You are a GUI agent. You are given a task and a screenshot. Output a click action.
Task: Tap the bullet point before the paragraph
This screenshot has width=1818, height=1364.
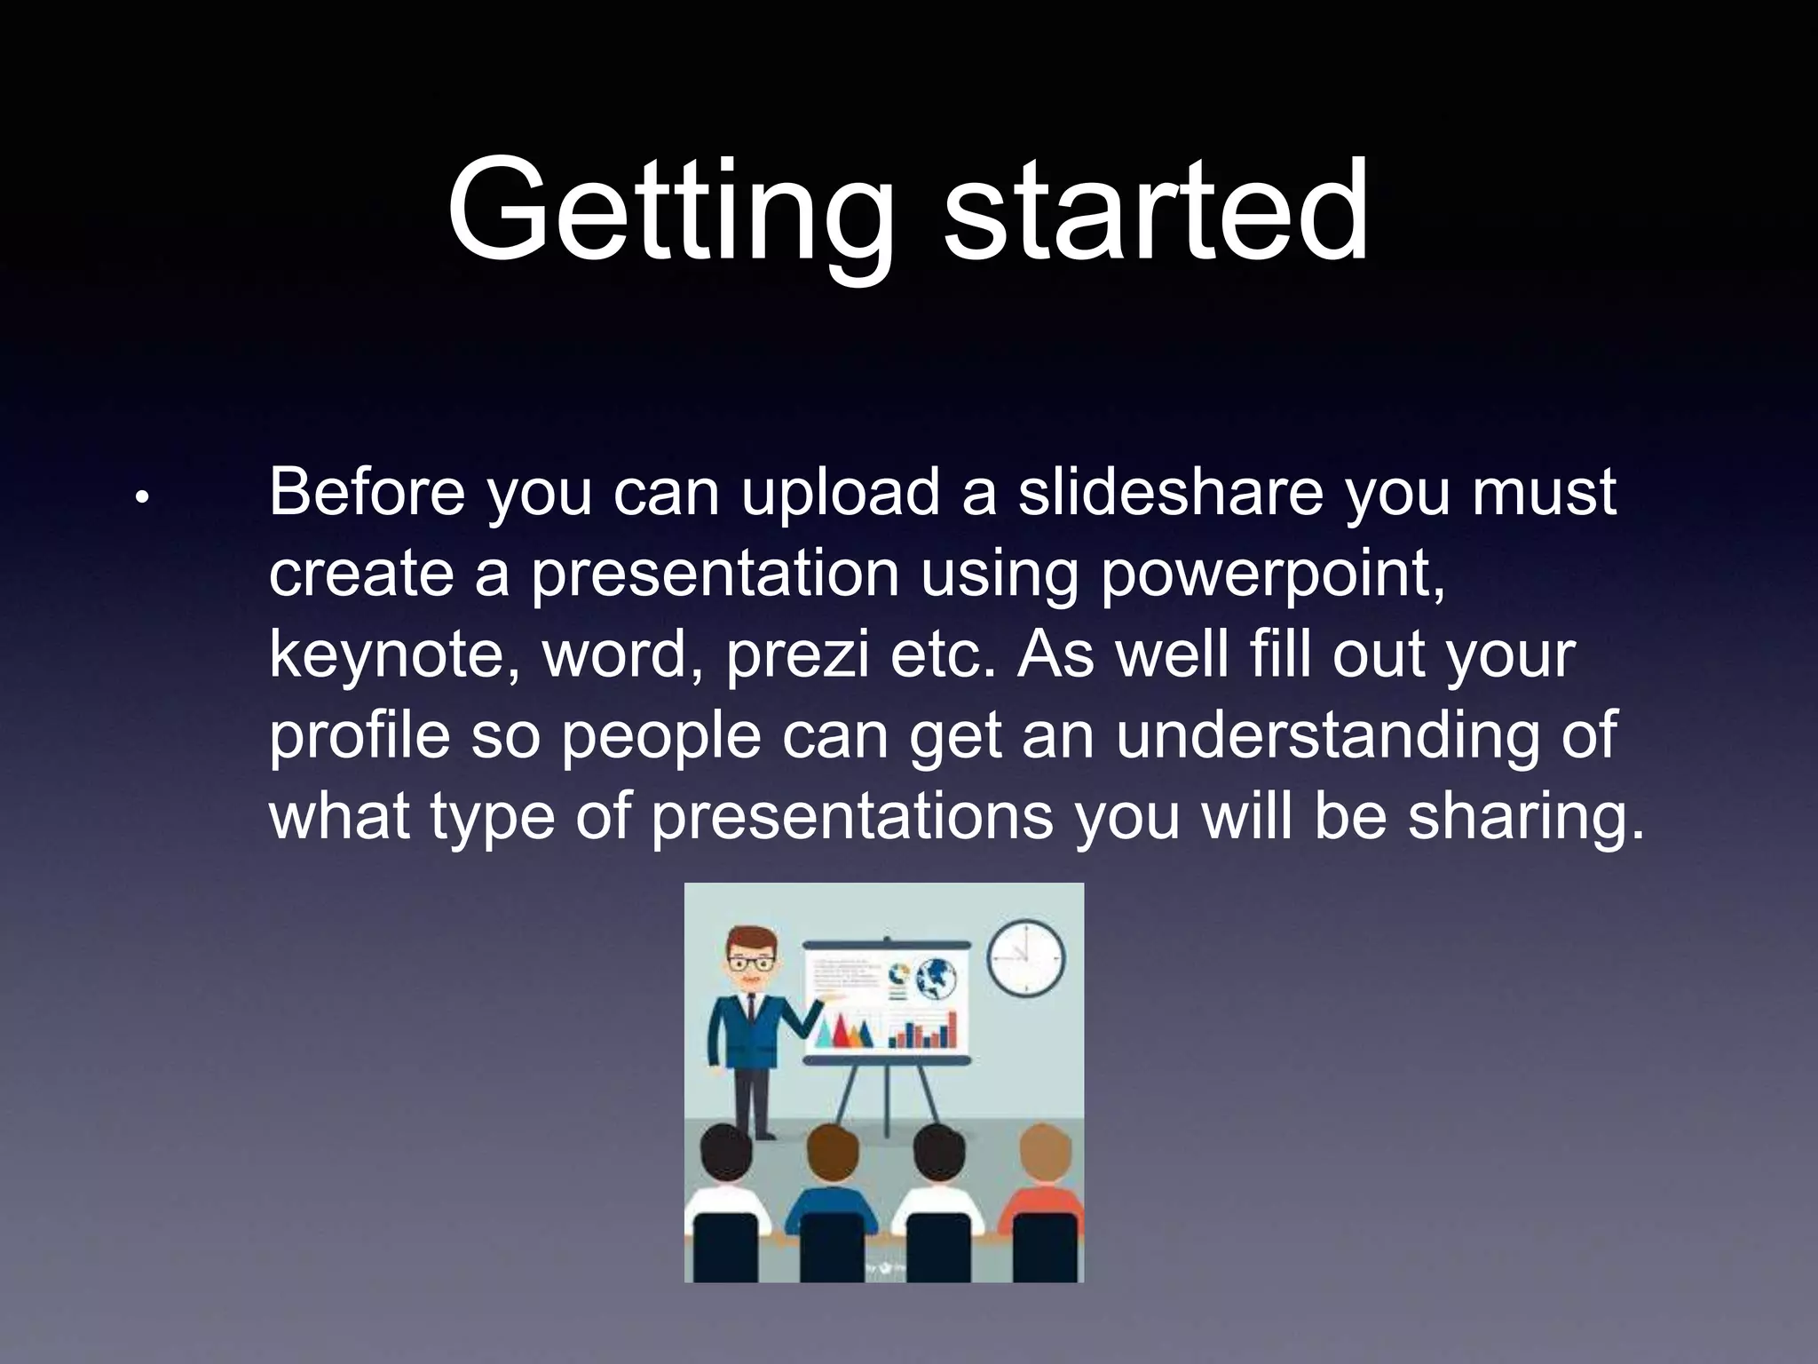pyautogui.click(x=141, y=499)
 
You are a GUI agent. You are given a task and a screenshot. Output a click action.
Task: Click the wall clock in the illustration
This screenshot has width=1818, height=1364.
pyautogui.click(x=1025, y=957)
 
